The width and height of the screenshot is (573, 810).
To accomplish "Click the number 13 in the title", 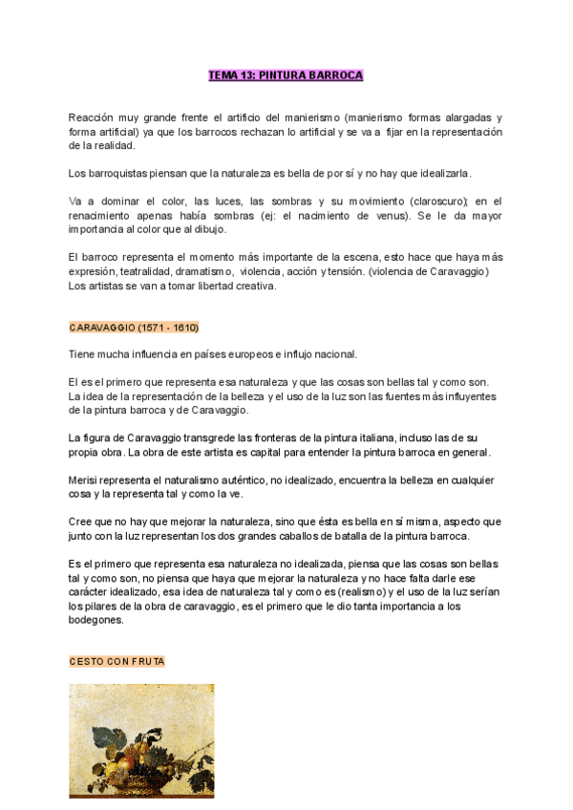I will pos(243,75).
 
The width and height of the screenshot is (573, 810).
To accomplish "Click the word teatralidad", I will pos(144,271).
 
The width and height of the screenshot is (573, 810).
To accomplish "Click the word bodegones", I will pos(96,620).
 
